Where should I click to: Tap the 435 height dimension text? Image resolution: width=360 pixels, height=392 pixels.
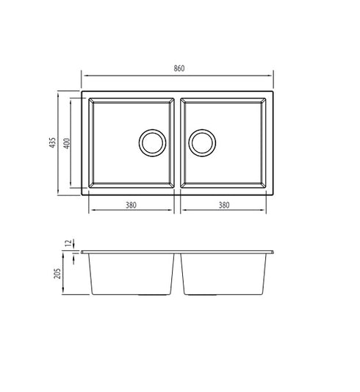click(x=52, y=143)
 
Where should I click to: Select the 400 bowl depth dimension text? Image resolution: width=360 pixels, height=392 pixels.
click(x=66, y=143)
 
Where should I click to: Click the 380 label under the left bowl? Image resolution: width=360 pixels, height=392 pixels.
click(x=132, y=206)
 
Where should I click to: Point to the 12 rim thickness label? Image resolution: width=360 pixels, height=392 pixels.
click(x=67, y=242)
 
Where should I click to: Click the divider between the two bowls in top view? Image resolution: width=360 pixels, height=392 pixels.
click(x=177, y=143)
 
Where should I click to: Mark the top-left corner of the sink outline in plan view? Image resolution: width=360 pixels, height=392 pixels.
click(x=82, y=93)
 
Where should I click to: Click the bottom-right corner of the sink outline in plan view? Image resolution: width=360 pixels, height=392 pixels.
click(x=273, y=194)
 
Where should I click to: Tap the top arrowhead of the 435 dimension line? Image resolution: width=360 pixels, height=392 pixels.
click(x=59, y=95)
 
